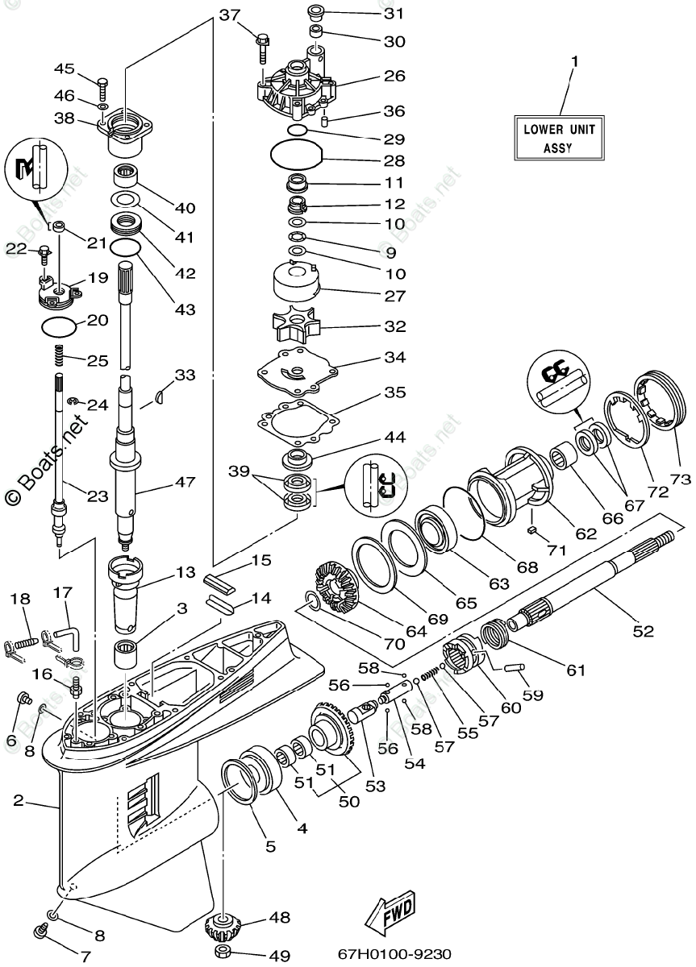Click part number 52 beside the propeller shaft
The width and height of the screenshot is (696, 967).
(643, 631)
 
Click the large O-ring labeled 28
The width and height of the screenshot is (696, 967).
(295, 152)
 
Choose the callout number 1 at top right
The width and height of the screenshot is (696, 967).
(574, 61)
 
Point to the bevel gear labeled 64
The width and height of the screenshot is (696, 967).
(338, 586)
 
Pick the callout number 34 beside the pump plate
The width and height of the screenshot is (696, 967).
(395, 357)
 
